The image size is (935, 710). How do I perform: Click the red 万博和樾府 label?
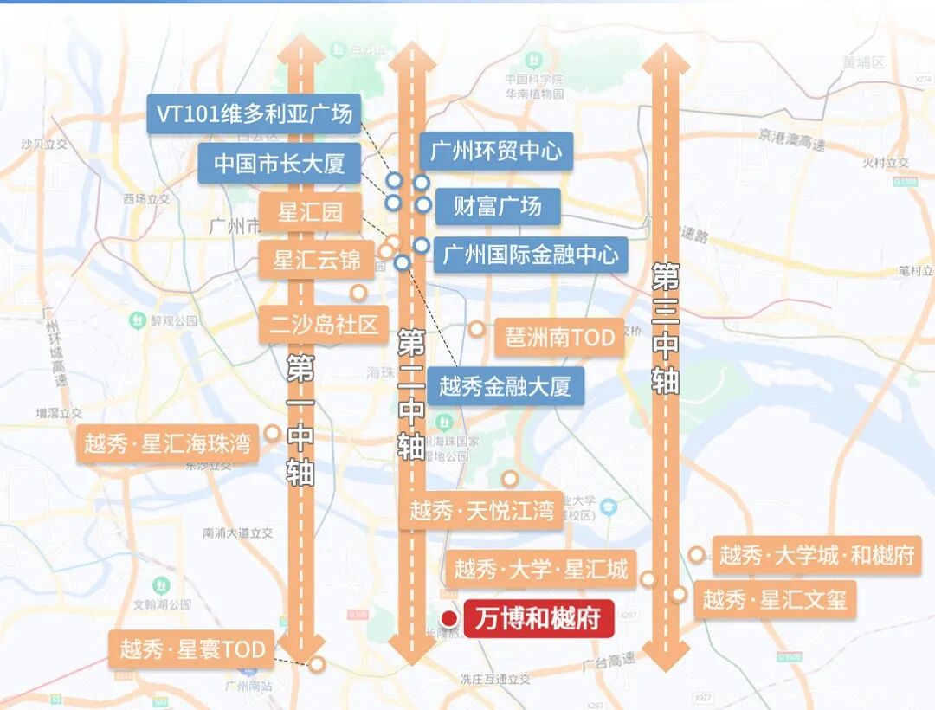538,619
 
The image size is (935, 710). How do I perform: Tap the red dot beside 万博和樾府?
449,618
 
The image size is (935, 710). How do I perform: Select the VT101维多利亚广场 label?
255,113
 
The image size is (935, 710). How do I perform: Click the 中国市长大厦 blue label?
279,164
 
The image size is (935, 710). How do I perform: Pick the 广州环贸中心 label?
496,152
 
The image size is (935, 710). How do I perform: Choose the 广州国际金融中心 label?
530,255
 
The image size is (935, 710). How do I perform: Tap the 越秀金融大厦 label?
505,386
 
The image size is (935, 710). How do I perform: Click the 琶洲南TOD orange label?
559,337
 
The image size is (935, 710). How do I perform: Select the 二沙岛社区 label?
324,326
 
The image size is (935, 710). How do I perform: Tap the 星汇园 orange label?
310,212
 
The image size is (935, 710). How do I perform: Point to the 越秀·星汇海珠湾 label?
167,444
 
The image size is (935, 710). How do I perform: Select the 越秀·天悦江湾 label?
481,511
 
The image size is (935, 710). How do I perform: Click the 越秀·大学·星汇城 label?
540,570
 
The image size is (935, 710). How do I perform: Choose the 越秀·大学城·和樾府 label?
816,555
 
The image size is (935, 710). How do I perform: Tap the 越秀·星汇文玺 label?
774,599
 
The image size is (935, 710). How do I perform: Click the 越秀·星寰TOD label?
192,649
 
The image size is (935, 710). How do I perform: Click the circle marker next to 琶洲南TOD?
476,329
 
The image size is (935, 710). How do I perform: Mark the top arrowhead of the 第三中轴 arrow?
665,59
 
